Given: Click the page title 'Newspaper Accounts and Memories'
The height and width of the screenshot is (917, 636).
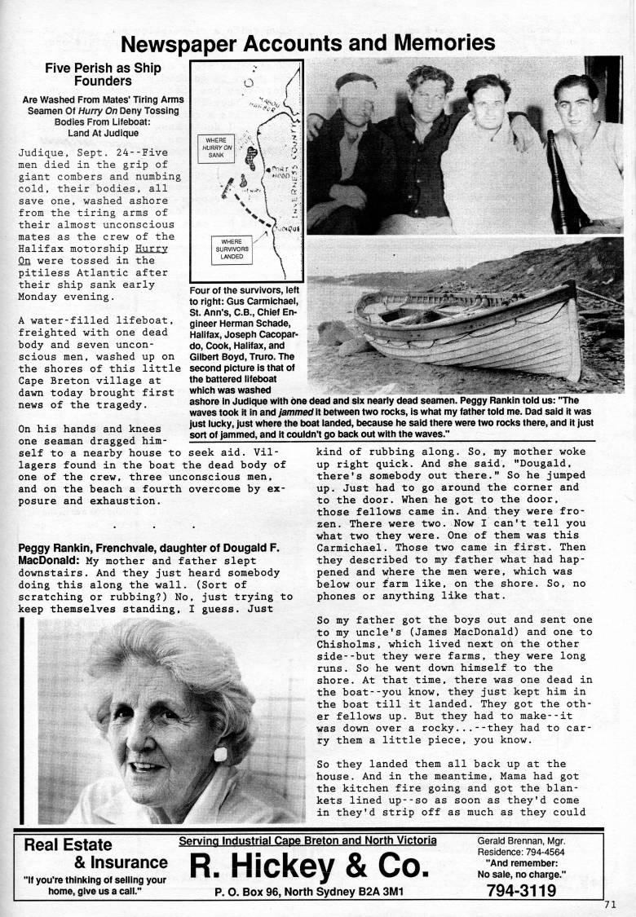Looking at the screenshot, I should pyautogui.click(x=308, y=42).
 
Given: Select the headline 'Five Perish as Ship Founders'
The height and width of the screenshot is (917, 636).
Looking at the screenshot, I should pyautogui.click(x=103, y=75).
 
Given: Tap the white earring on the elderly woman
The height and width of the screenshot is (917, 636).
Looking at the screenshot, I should pyautogui.click(x=220, y=754).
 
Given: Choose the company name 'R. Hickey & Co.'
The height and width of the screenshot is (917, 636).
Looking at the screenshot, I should pyautogui.click(x=307, y=866).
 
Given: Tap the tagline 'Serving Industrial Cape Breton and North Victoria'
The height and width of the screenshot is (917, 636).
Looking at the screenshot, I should pyautogui.click(x=307, y=840).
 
